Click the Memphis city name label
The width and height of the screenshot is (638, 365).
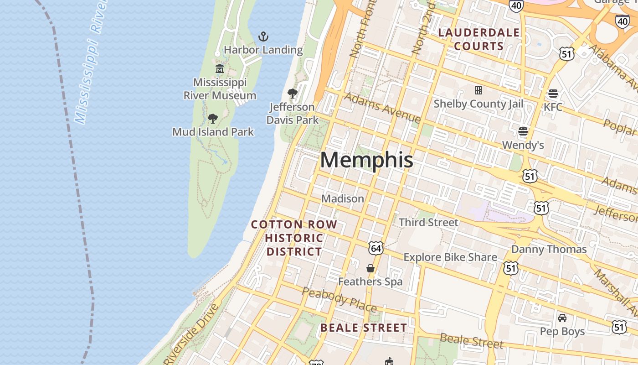click(367, 160)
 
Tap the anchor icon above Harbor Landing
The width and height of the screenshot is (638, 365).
click(263, 36)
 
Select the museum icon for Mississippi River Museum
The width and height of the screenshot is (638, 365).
click(220, 69)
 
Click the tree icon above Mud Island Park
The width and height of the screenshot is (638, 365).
click(212, 119)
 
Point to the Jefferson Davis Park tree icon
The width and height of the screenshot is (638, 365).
click(292, 94)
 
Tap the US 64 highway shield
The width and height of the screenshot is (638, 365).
click(376, 248)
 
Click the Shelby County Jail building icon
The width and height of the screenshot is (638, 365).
click(478, 90)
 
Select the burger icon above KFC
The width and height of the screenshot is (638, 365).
click(553, 94)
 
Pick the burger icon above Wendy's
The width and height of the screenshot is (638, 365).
click(523, 132)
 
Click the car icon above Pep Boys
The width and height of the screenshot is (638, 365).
click(562, 318)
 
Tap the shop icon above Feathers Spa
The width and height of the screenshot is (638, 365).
click(370, 268)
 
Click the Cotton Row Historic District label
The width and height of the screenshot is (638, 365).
click(294, 238)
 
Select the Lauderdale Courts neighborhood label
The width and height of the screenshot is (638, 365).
click(478, 39)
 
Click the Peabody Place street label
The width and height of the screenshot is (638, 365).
click(339, 299)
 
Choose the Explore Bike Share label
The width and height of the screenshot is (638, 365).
click(450, 257)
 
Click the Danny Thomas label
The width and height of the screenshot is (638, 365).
click(549, 249)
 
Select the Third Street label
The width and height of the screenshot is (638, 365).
click(428, 222)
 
